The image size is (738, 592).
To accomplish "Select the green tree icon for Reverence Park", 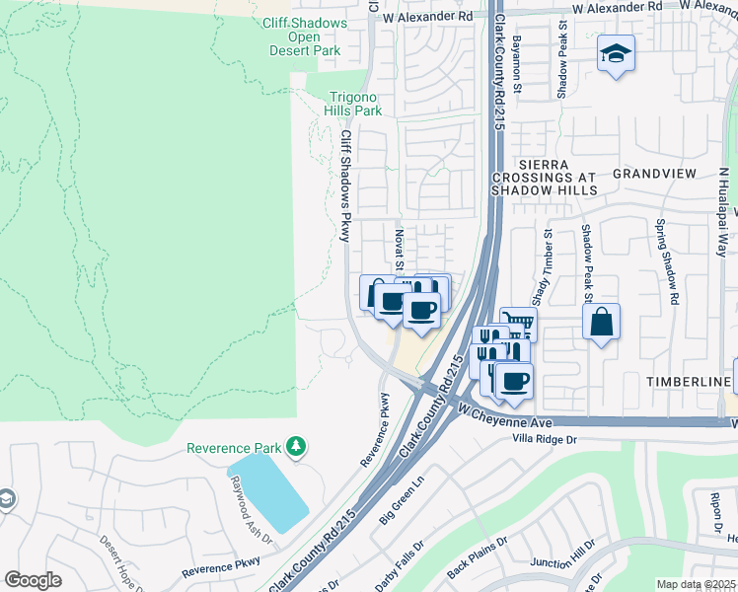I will (294, 448).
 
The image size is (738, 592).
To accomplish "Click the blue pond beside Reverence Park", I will (269, 492).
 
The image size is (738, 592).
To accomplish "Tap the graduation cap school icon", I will (616, 54).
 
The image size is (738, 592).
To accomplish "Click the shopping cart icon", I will (518, 323).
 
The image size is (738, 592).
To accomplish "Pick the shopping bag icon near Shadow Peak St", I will (601, 322).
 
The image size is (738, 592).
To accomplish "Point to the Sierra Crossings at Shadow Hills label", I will (545, 181).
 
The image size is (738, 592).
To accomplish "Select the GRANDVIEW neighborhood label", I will (654, 173).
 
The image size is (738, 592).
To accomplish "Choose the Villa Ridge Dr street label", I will (544, 437).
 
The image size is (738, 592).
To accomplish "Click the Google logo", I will (33, 580).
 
